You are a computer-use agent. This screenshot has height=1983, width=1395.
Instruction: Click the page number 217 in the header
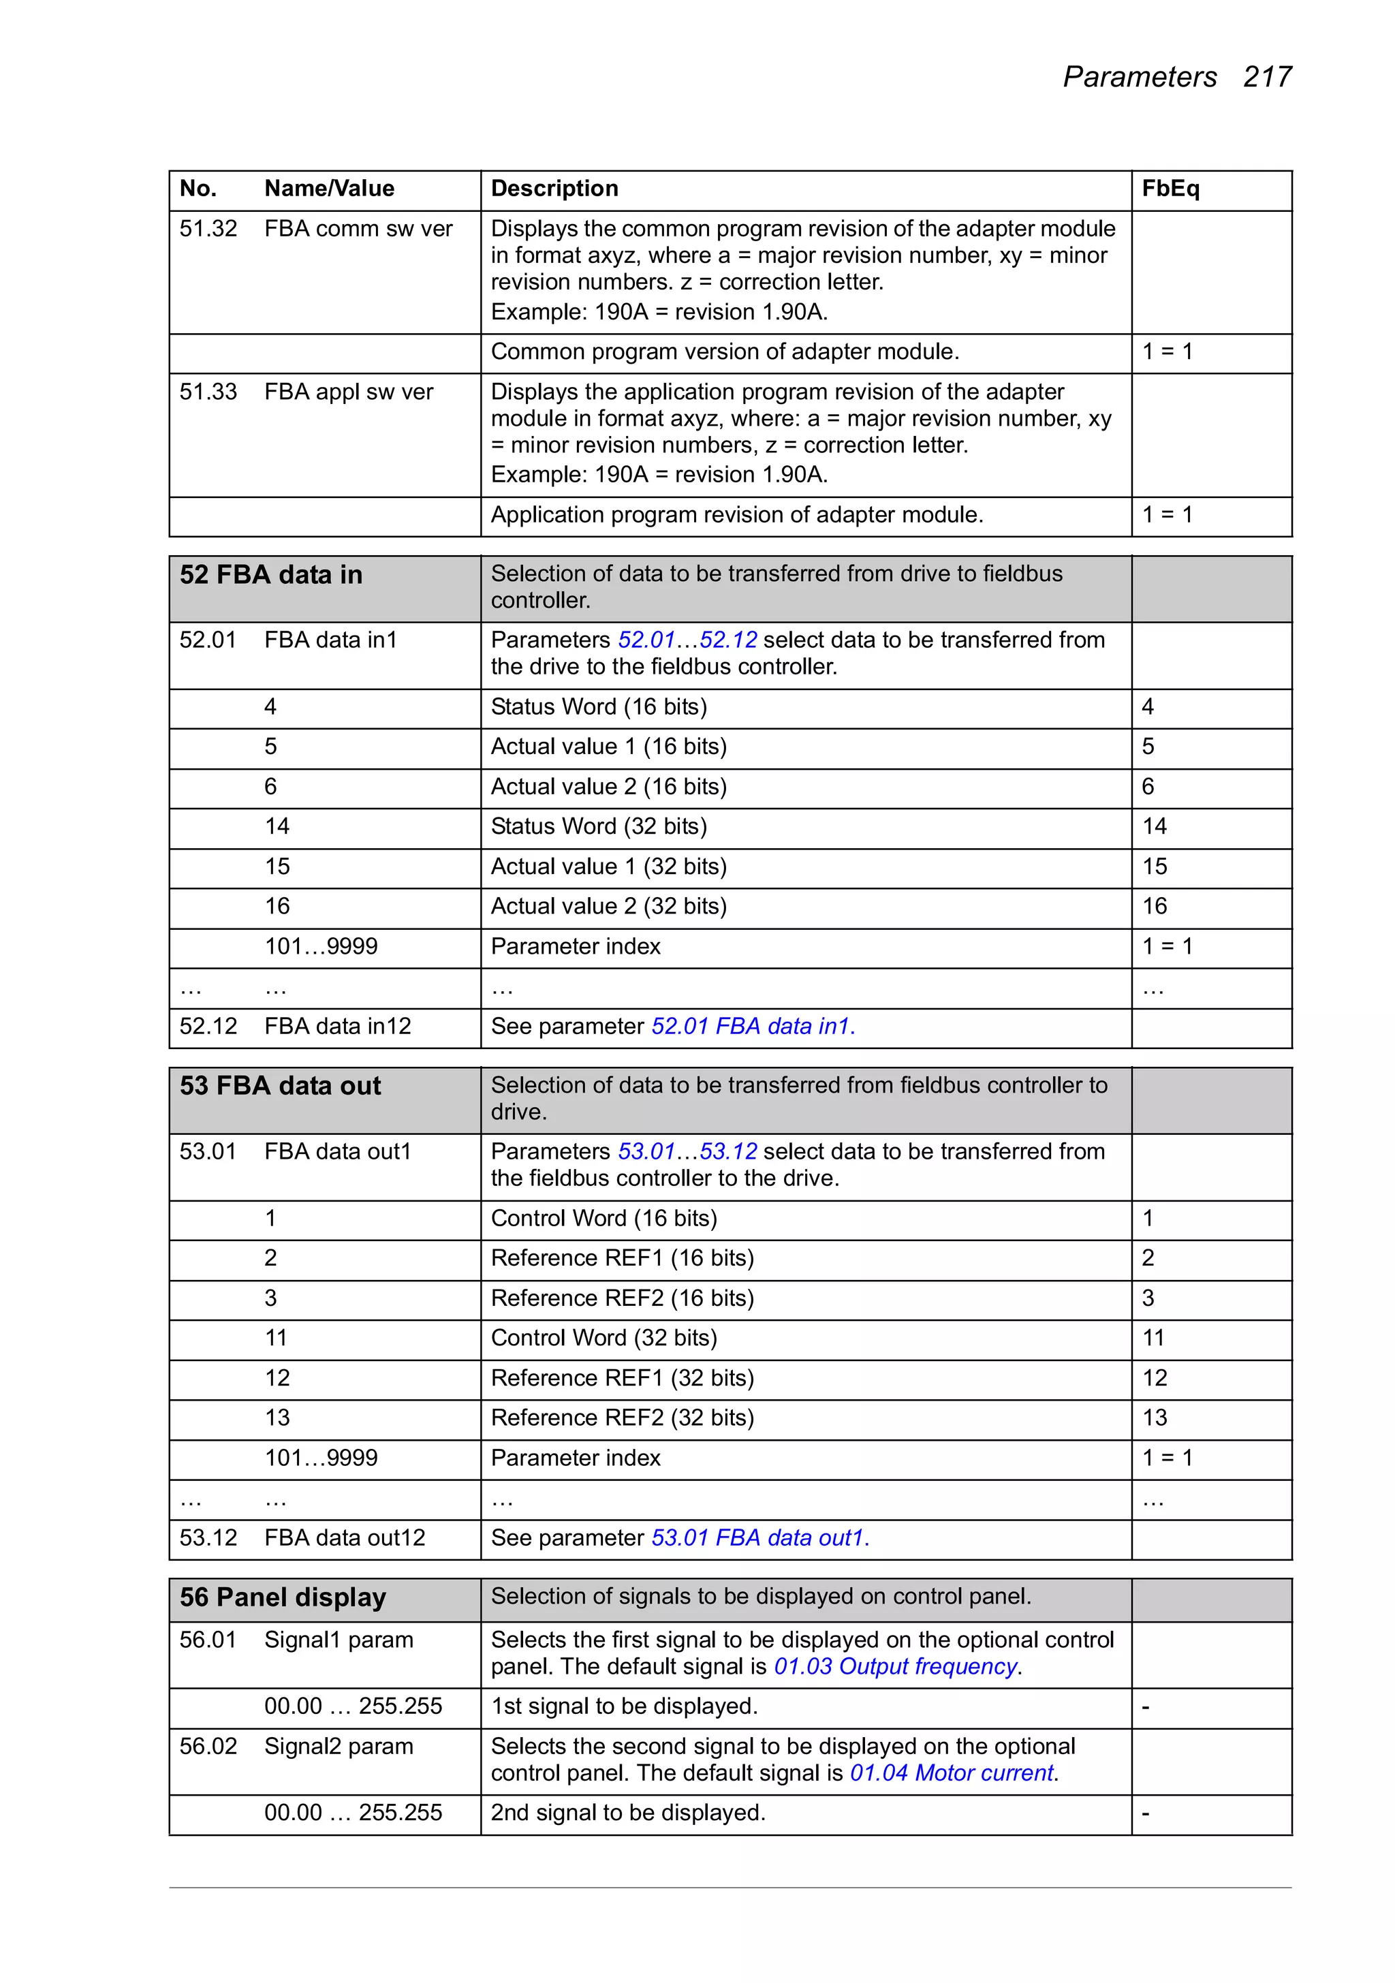click(x=1266, y=77)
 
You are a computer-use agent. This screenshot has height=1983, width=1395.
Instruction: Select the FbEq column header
click(x=1170, y=188)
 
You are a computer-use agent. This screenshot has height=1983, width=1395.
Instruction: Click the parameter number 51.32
click(x=208, y=229)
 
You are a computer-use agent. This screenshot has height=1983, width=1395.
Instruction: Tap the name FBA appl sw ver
click(x=348, y=392)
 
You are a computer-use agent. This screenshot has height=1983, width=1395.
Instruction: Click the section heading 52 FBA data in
click(x=270, y=575)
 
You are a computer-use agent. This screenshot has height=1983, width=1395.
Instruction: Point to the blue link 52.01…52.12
click(x=687, y=640)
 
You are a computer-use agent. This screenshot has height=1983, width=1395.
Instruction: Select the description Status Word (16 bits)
click(x=599, y=706)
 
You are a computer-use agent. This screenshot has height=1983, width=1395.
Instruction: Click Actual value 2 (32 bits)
click(x=608, y=906)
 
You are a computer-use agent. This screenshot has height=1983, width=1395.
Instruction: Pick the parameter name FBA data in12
click(x=337, y=1026)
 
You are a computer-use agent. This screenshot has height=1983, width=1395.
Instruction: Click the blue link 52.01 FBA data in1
click(x=753, y=1026)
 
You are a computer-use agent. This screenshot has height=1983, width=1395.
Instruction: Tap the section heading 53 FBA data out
click(x=280, y=1086)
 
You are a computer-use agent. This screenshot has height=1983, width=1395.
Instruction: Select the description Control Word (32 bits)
click(x=604, y=1338)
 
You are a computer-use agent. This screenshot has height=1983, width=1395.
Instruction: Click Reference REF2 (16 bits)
click(x=622, y=1298)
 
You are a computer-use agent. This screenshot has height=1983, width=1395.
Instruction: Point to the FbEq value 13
click(x=1154, y=1418)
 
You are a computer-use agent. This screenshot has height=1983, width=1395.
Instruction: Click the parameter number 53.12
click(x=208, y=1537)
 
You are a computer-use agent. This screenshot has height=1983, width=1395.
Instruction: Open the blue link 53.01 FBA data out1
click(x=759, y=1537)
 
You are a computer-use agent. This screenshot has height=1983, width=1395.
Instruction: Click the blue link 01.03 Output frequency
click(x=896, y=1666)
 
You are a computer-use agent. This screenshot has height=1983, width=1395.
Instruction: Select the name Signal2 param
click(x=338, y=1747)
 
